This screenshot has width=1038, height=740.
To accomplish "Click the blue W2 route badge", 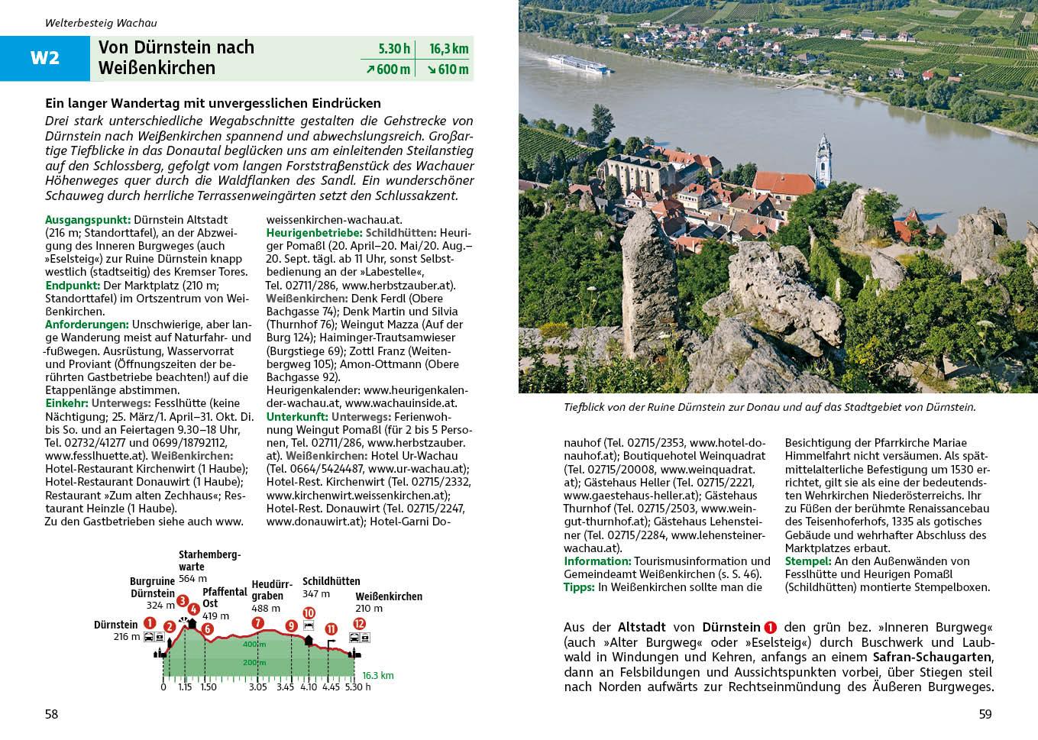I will coord(44,58).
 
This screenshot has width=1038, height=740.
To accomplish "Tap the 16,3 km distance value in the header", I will coord(448,49).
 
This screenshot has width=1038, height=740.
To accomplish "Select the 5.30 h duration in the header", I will coord(394,49).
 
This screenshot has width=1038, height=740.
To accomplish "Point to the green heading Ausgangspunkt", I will coord(88,219).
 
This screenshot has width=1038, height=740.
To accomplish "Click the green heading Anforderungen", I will coord(86,325).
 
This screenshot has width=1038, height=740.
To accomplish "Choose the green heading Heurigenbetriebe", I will coord(314,232).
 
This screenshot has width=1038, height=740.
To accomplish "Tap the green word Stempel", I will coord(809,561).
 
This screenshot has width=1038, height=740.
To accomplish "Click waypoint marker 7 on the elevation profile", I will coord(257,622).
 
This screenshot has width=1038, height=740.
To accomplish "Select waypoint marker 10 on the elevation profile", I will coord(309,612).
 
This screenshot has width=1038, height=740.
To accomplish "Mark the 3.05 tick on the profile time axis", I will coord(258,687).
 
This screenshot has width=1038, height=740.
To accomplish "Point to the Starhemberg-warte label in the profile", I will coord(209,561).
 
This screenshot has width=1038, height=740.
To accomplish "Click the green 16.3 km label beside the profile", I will coord(377,676).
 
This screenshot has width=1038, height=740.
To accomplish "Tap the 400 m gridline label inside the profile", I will coord(254,645).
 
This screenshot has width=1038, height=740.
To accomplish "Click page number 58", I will coord(51,714).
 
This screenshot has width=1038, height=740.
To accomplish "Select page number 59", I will coord(985,714).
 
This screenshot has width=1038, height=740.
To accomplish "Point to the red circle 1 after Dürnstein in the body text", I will coord(770,627).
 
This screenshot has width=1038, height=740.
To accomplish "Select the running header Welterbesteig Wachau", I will coord(101,23).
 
